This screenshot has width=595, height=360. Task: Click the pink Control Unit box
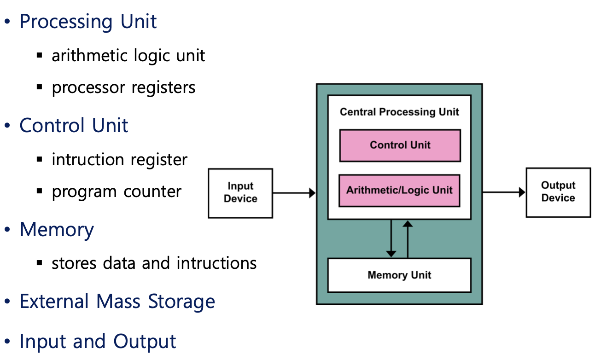[x=400, y=145]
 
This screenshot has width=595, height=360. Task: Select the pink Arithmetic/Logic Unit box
[x=399, y=190]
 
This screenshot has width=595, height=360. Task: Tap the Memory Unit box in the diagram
[x=399, y=275]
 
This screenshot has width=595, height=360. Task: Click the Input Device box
[x=240, y=193]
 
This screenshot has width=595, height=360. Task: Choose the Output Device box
[x=558, y=192]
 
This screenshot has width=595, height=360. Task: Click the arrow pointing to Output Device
[x=504, y=192]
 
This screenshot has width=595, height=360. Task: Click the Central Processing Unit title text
[x=399, y=112]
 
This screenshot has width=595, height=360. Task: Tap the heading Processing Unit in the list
[x=88, y=22]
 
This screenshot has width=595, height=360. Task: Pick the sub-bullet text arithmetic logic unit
[x=128, y=56]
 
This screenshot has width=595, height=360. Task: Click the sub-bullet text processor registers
[x=123, y=87]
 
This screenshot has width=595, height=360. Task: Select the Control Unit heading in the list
[x=74, y=126]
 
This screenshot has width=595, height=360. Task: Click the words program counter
[x=117, y=192]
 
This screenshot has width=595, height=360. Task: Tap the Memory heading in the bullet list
[x=57, y=229]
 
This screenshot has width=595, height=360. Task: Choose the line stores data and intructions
[x=154, y=263]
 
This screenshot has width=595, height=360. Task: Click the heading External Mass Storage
[x=117, y=302]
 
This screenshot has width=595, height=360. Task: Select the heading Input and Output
[x=98, y=342]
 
